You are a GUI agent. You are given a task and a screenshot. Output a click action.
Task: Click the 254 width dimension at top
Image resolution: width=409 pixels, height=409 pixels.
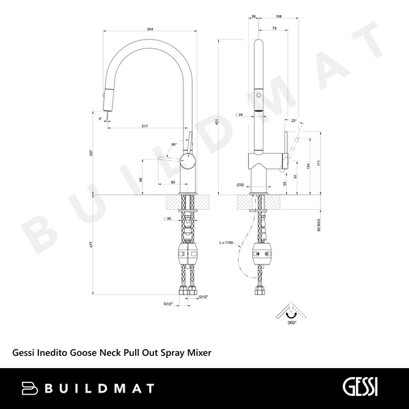point(148,29)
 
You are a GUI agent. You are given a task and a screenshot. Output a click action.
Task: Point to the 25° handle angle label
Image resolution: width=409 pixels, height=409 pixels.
point(294,121)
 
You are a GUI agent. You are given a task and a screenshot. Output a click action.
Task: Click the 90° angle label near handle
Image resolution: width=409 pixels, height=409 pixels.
point(175,145)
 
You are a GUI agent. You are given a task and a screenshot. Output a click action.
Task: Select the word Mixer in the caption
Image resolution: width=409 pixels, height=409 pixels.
point(196,352)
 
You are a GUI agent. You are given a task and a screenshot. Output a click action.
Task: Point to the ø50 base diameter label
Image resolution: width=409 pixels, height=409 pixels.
point(240,185)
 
